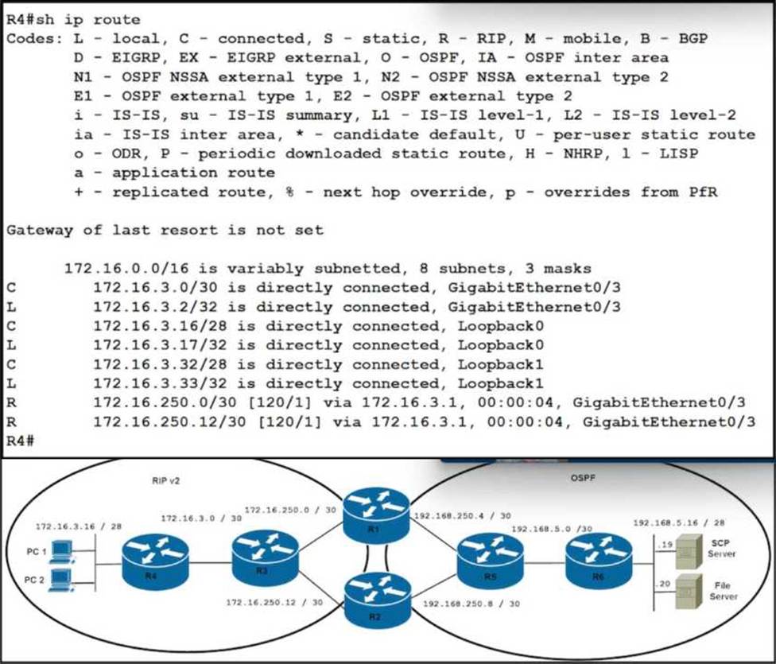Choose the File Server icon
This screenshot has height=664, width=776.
coord(685,588)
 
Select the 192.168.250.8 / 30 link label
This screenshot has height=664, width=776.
coord(472,604)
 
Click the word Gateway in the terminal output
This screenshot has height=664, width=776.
coord(34,231)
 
